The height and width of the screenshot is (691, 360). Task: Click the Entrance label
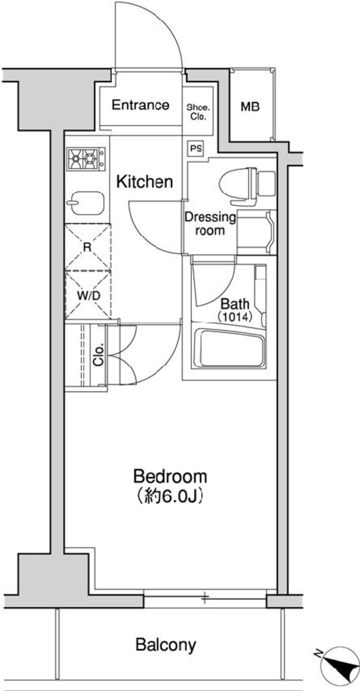point(141,106)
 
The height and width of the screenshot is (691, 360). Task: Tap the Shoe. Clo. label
point(199,112)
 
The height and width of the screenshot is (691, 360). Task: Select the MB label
point(250,107)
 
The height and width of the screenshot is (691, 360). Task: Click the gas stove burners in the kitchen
point(85,159)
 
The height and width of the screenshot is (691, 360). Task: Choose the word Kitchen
point(145,181)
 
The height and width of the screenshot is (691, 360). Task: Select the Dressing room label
point(210,223)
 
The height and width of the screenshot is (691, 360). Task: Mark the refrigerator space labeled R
point(88,247)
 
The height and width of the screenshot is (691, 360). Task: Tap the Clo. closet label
point(98,354)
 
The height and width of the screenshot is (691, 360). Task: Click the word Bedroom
point(170,477)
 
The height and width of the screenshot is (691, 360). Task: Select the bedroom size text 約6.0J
point(170,497)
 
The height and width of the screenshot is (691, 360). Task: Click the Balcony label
point(166,645)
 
